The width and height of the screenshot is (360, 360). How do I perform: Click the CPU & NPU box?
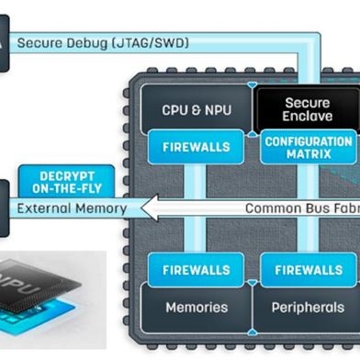(196, 109)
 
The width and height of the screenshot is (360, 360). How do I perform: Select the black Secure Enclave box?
(308, 109)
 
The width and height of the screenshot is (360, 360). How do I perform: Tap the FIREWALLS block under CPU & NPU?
(196, 147)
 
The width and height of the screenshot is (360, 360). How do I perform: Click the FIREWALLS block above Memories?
(196, 270)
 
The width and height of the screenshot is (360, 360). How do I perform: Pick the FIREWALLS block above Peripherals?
(308, 270)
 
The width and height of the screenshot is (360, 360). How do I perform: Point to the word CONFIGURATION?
(308, 141)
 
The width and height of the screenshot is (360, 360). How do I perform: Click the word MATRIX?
(308, 154)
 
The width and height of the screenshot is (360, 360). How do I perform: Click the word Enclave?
(308, 117)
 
